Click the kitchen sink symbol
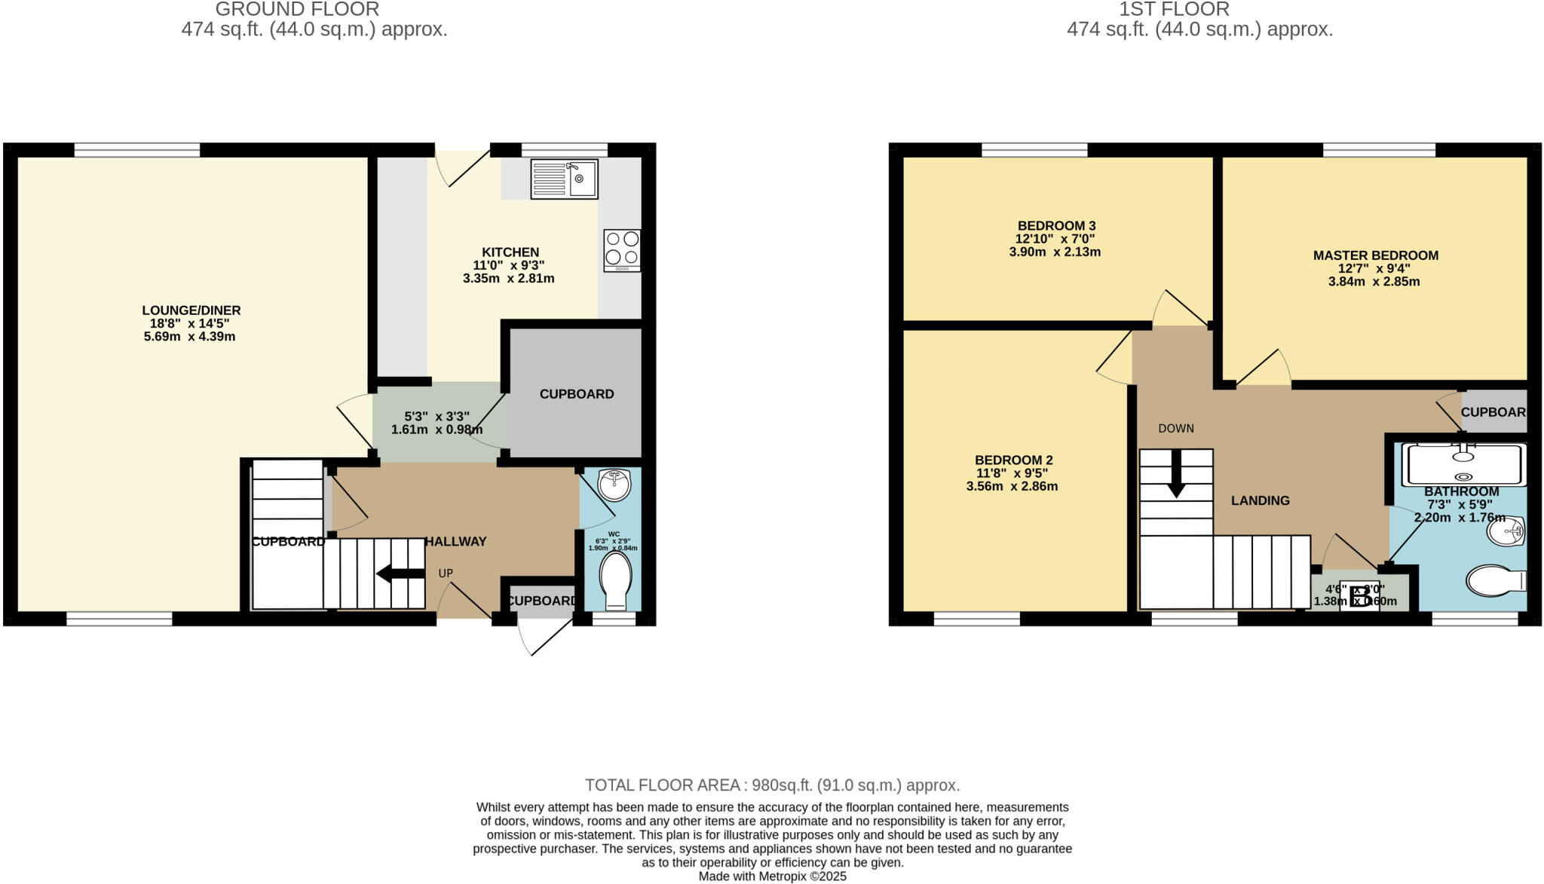tap(564, 179)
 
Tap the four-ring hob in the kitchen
tap(622, 250)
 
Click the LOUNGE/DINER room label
tap(191, 310)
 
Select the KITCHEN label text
tap(510, 252)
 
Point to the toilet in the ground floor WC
tap(615, 581)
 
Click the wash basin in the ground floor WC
tap(614, 484)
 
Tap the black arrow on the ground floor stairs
tap(400, 574)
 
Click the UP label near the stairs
tap(446, 574)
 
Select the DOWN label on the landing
tap(1176, 429)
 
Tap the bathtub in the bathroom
tap(1463, 464)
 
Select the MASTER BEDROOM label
tap(1375, 255)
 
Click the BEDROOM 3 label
tap(1056, 226)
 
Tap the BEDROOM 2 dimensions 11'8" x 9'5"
tap(1012, 473)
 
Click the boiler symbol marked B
tap(1360, 596)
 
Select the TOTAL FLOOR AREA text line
tap(772, 785)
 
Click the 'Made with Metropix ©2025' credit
tap(772, 876)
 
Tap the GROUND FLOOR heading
tap(297, 9)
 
